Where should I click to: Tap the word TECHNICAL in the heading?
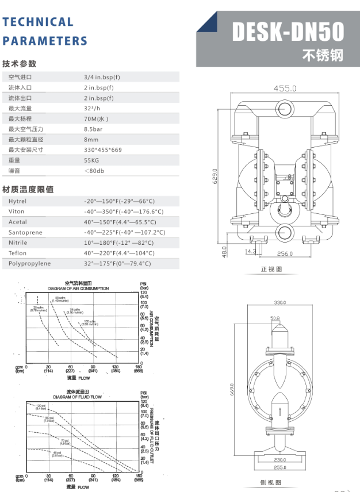click(38, 22)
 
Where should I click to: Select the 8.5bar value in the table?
click(93, 129)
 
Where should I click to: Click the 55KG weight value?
click(91, 160)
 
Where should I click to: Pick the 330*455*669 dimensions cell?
click(103, 149)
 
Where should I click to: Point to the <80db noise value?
click(94, 171)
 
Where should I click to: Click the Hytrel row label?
click(17, 201)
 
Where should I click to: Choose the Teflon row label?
click(17, 253)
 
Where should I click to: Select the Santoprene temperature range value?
click(124, 232)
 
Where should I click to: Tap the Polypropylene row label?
click(29, 263)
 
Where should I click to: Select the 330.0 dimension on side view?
click(280, 302)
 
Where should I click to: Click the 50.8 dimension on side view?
click(274, 317)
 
